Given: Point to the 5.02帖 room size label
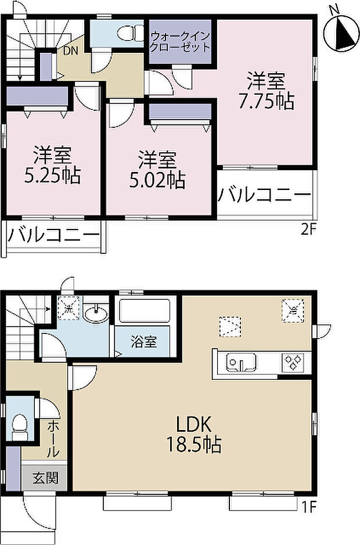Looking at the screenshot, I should point(156,170).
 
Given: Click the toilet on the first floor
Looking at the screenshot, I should point(21,426).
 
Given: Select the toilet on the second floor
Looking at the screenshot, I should point(126,34).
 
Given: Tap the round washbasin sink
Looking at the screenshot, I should point(94,315).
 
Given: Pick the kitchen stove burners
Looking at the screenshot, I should point(293,364).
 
